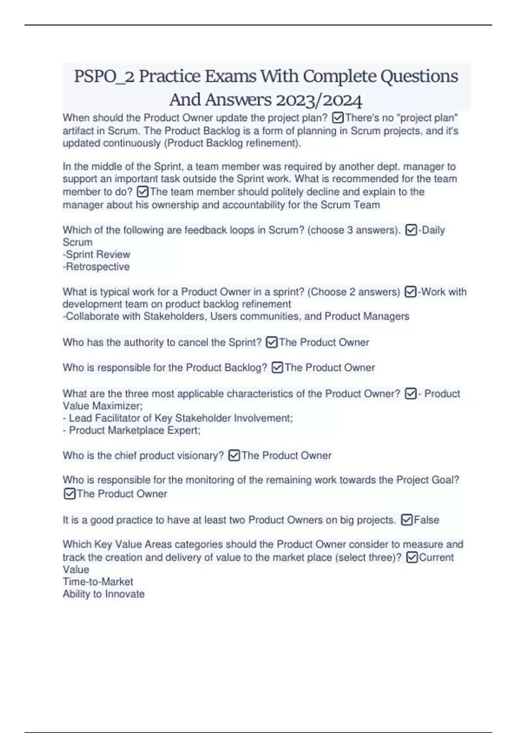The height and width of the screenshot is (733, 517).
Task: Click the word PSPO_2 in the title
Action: (104, 77)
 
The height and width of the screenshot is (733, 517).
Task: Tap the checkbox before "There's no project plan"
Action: (338, 118)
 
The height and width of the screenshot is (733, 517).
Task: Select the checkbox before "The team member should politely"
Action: (143, 191)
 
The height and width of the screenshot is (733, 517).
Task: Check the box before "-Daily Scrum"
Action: (411, 230)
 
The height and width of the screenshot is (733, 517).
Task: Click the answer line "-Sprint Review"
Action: (97, 254)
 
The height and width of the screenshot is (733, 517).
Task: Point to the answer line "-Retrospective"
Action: (96, 267)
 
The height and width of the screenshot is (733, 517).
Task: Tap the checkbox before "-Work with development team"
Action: (411, 292)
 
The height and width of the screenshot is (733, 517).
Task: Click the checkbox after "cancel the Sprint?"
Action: (271, 342)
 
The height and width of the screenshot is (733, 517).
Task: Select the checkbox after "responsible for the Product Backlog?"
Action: (277, 368)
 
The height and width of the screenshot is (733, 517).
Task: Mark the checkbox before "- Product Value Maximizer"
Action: (411, 394)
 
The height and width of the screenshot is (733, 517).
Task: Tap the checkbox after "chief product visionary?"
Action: (234, 455)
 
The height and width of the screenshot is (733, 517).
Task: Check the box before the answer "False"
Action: (406, 520)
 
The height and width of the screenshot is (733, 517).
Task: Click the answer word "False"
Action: (427, 520)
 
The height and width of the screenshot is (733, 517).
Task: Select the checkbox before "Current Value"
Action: (412, 558)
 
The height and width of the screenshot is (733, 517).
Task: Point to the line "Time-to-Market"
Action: (98, 582)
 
